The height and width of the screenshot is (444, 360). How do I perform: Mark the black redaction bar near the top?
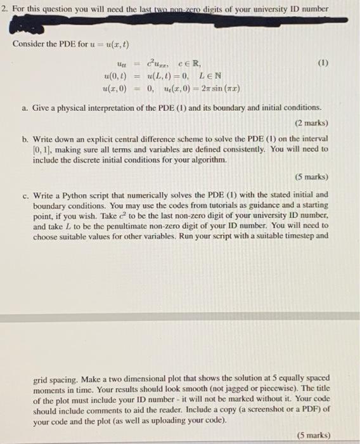tap(171, 24)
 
